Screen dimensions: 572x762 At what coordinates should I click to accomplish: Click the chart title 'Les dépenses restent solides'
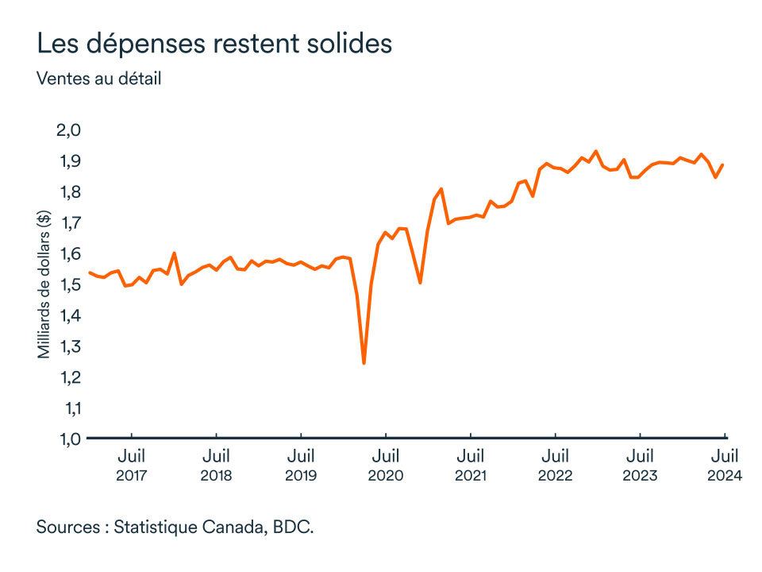click(x=214, y=44)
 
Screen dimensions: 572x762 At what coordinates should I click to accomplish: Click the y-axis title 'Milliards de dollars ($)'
click(x=44, y=284)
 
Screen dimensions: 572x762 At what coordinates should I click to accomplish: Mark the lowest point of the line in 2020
click(x=364, y=363)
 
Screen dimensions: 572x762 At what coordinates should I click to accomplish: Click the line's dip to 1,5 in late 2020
click(x=420, y=283)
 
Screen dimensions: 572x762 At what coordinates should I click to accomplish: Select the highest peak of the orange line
click(x=596, y=151)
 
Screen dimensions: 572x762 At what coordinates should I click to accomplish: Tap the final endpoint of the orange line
click(x=723, y=165)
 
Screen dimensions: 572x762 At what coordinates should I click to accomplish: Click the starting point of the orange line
click(x=89, y=272)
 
